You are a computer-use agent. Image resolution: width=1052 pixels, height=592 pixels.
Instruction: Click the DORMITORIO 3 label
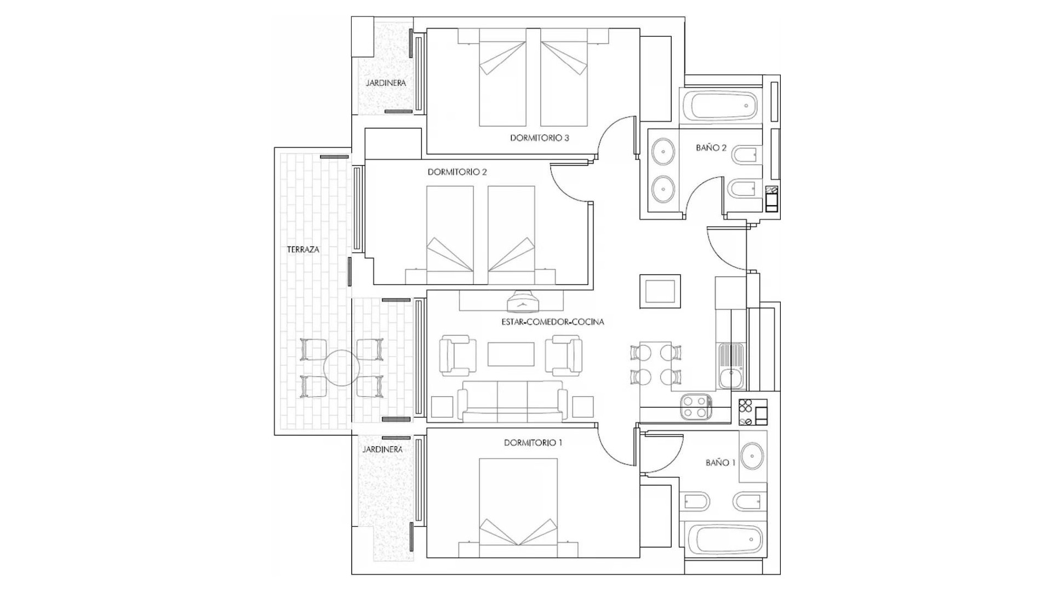(x=539, y=138)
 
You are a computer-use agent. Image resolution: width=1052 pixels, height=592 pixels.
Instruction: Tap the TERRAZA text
(x=303, y=249)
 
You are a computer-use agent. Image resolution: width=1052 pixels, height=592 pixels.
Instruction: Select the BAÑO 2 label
(x=711, y=147)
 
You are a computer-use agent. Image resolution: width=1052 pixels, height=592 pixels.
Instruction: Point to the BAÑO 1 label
(x=720, y=463)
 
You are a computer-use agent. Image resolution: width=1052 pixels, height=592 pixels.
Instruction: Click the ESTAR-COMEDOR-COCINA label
(x=552, y=322)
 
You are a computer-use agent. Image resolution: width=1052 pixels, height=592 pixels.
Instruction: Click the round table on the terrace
(x=341, y=368)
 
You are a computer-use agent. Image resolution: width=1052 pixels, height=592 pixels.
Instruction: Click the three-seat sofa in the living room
(x=512, y=401)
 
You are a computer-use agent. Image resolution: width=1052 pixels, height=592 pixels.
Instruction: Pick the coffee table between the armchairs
(x=511, y=354)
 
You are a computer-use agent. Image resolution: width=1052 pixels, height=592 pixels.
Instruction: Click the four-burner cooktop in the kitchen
(x=696, y=407)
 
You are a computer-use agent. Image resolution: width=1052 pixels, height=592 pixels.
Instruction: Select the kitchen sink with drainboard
(x=730, y=366)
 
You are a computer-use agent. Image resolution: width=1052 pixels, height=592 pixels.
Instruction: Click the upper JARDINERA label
(x=386, y=83)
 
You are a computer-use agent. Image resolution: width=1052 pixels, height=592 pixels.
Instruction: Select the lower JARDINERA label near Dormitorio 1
(x=382, y=449)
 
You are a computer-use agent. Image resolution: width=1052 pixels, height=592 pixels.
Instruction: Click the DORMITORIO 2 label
(x=457, y=172)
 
